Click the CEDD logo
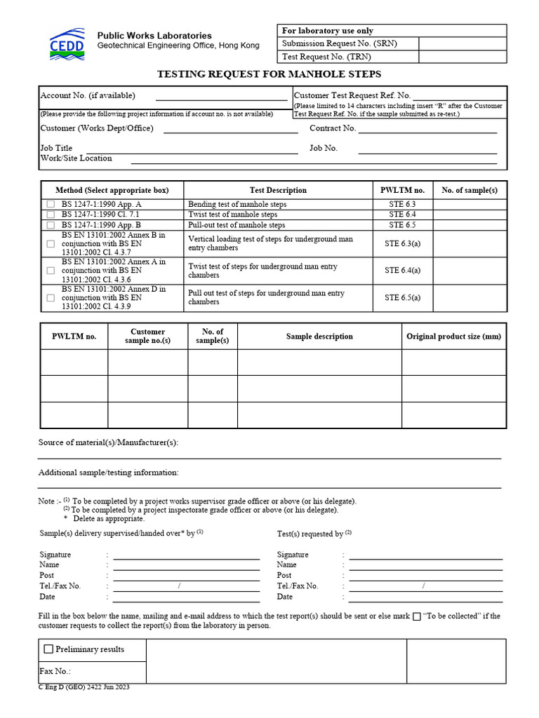(x=67, y=43)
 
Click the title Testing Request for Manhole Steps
(x=269, y=74)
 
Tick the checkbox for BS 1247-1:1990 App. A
(x=51, y=204)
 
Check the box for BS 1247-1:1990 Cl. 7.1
(x=51, y=215)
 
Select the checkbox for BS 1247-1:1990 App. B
(x=51, y=225)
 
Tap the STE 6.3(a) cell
(x=402, y=243)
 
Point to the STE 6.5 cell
(x=402, y=225)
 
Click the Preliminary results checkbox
(x=48, y=649)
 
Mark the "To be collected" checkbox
(x=417, y=617)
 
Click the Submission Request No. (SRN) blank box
(x=463, y=43)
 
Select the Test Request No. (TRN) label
(x=326, y=57)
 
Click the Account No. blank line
(x=221, y=97)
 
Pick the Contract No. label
(x=333, y=128)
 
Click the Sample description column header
(x=319, y=337)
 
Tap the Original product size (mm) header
(x=453, y=337)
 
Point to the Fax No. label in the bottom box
(x=55, y=671)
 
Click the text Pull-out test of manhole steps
(x=237, y=225)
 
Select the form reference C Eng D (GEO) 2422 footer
(x=84, y=688)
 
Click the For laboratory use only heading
(x=327, y=31)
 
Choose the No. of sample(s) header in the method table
(x=469, y=190)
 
